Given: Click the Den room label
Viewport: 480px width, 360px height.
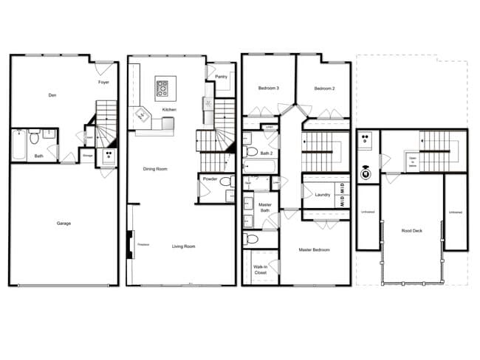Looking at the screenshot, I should point(52,94).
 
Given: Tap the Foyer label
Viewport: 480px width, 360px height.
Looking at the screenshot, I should point(104,82).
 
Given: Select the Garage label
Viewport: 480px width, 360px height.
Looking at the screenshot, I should point(64,223).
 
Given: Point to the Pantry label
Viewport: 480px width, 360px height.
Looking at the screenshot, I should point(221,76).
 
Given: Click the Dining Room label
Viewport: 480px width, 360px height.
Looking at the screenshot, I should point(155,169).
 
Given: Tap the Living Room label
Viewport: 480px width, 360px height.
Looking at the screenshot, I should point(184,246).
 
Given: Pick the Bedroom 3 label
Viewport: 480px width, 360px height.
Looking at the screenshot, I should point(268,89).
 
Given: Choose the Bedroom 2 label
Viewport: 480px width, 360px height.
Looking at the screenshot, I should point(324,89).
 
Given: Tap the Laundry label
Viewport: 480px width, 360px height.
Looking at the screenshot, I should point(322,195).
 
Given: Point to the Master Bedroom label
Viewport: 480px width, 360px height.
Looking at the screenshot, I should point(315,250).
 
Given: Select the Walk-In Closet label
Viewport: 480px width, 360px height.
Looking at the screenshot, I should point(260,269).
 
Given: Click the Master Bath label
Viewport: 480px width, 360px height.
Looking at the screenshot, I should point(265,208).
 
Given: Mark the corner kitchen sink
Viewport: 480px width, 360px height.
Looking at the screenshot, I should point(142,114).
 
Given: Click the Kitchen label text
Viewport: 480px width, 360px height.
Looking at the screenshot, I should point(170,110).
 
